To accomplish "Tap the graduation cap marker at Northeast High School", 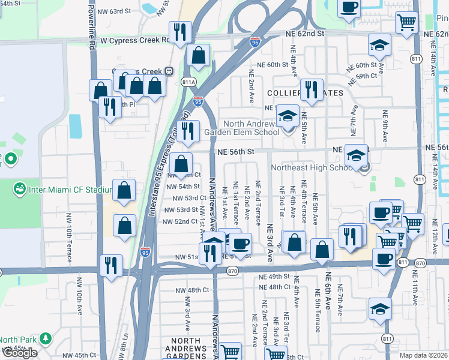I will (x=357, y=154).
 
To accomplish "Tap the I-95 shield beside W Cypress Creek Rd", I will (x=255, y=42).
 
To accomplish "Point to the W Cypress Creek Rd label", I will (x=134, y=40).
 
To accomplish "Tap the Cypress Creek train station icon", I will (x=170, y=70).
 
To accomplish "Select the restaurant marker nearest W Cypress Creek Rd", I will (x=179, y=31).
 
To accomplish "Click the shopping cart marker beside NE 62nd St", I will (x=406, y=22).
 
